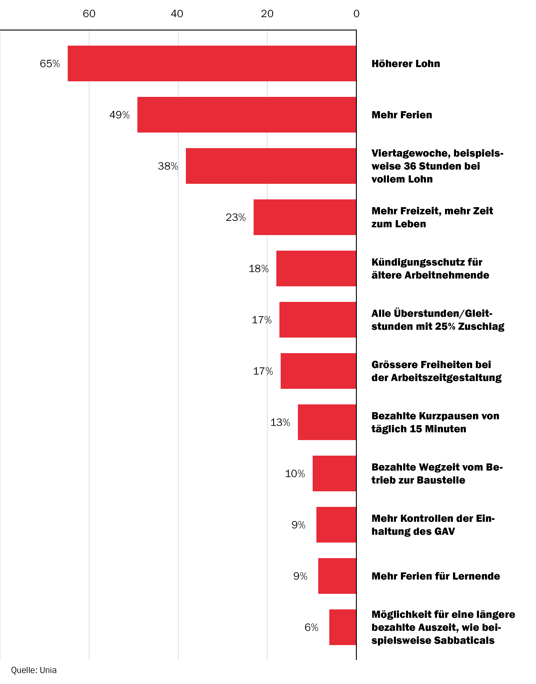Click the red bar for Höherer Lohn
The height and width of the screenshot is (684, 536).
tap(212, 63)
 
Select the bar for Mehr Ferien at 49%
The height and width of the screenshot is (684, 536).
tap(247, 115)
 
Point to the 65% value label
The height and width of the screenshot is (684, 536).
tap(49, 64)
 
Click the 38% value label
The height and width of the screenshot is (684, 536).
tap(168, 166)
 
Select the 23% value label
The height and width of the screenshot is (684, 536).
tap(236, 217)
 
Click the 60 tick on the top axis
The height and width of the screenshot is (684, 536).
tap(89, 13)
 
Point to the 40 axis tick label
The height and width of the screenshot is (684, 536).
tap(177, 13)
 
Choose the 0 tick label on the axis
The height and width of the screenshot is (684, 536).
tap(356, 13)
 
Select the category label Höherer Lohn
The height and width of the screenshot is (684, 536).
tap(405, 64)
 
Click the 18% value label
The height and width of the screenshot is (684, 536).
tap(258, 269)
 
